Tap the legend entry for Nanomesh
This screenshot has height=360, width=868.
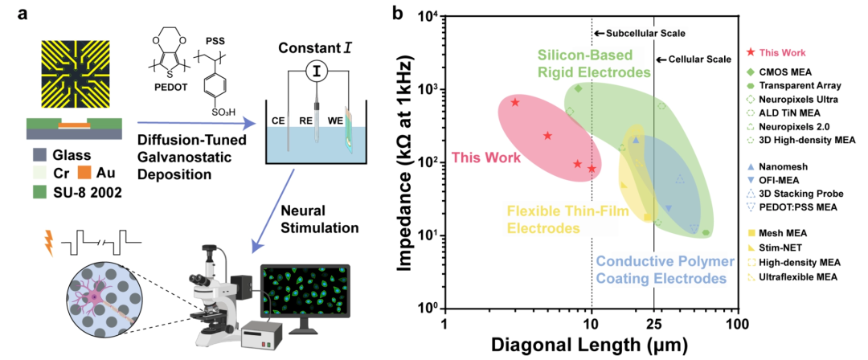pyautogui.click(x=778, y=162)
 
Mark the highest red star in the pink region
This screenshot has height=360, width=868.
pyautogui.click(x=515, y=102)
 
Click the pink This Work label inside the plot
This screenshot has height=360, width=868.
pyautogui.click(x=484, y=157)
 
